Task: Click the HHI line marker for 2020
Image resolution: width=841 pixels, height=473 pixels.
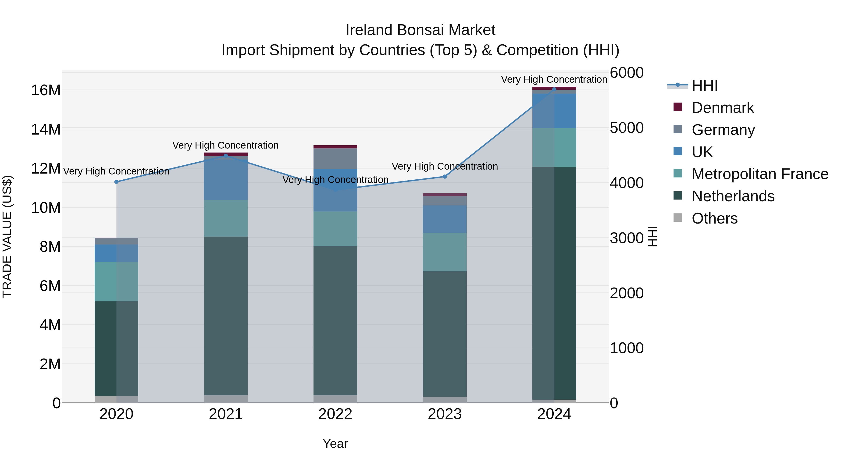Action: click(116, 182)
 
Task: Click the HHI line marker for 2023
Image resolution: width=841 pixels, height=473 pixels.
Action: click(444, 177)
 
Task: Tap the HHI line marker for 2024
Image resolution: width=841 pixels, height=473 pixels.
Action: click(554, 89)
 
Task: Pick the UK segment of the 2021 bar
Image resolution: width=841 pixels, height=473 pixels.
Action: click(226, 180)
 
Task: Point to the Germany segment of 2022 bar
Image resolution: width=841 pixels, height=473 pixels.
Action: click(335, 159)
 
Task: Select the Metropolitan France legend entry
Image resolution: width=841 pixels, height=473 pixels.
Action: click(759, 174)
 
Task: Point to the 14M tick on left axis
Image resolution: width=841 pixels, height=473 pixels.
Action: click(46, 129)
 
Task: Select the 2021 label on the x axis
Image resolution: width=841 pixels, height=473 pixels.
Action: click(226, 414)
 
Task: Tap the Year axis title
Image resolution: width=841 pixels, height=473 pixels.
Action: click(335, 444)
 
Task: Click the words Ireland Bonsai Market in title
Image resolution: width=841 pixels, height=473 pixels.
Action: click(420, 30)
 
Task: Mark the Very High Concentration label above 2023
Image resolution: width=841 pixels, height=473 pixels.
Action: click(444, 167)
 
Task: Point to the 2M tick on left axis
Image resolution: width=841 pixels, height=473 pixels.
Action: click(50, 364)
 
